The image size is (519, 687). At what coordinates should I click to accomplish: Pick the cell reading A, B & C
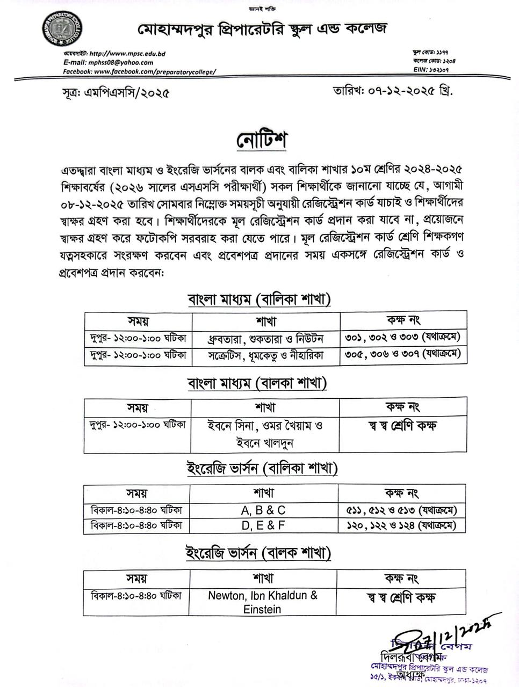(x=263, y=510)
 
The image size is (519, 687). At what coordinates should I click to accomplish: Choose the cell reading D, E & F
(x=263, y=525)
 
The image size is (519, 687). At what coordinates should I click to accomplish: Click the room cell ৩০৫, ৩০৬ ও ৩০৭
(x=403, y=354)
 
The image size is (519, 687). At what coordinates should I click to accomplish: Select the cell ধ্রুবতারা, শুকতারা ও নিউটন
(x=265, y=339)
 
